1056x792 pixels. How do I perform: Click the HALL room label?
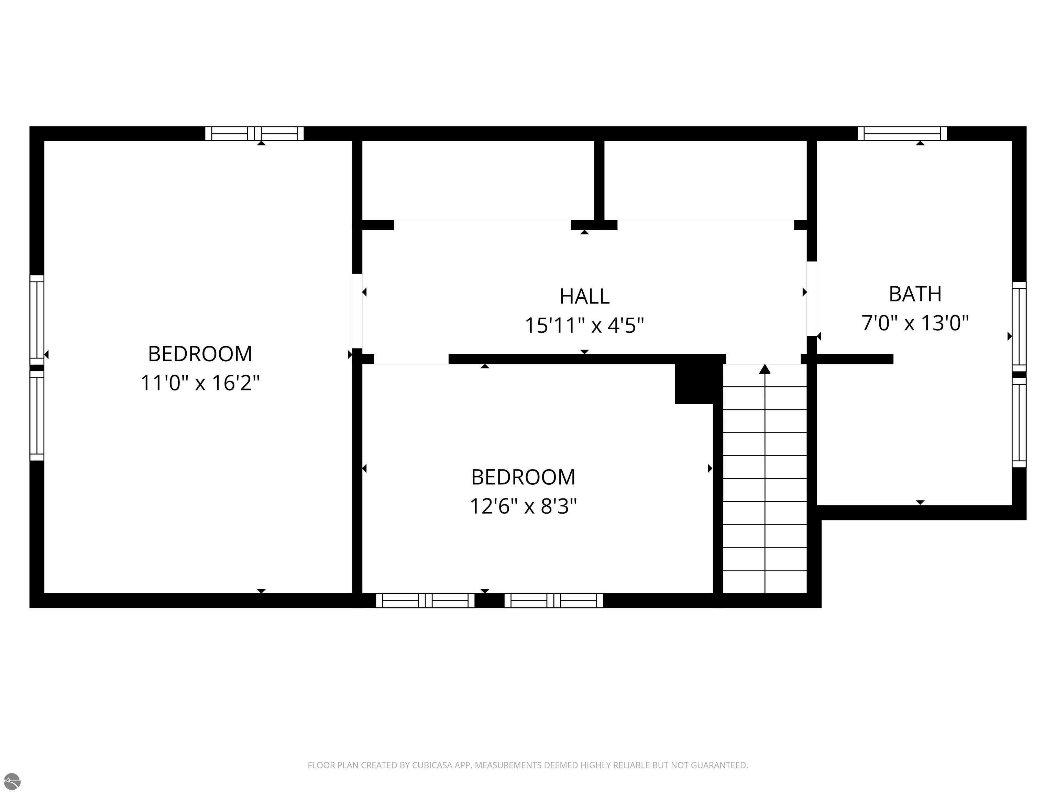tap(584, 296)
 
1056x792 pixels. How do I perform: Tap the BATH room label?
tap(915, 294)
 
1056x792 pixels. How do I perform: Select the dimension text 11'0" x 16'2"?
tap(200, 383)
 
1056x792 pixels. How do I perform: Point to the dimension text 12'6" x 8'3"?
tap(523, 506)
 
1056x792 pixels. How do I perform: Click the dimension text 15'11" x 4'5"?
tap(584, 326)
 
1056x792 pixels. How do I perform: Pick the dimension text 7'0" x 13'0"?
tap(915, 323)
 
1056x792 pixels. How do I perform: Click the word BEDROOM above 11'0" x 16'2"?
tap(200, 354)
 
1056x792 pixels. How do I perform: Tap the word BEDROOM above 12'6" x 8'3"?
tap(523, 477)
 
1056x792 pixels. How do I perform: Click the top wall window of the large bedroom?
tap(254, 134)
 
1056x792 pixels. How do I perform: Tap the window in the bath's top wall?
tap(902, 134)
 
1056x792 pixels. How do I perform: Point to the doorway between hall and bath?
tap(812, 299)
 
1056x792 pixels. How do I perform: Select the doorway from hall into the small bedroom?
tap(411, 359)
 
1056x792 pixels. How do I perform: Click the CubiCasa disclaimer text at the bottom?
tap(528, 765)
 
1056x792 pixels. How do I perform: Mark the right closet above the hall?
tap(706, 180)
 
